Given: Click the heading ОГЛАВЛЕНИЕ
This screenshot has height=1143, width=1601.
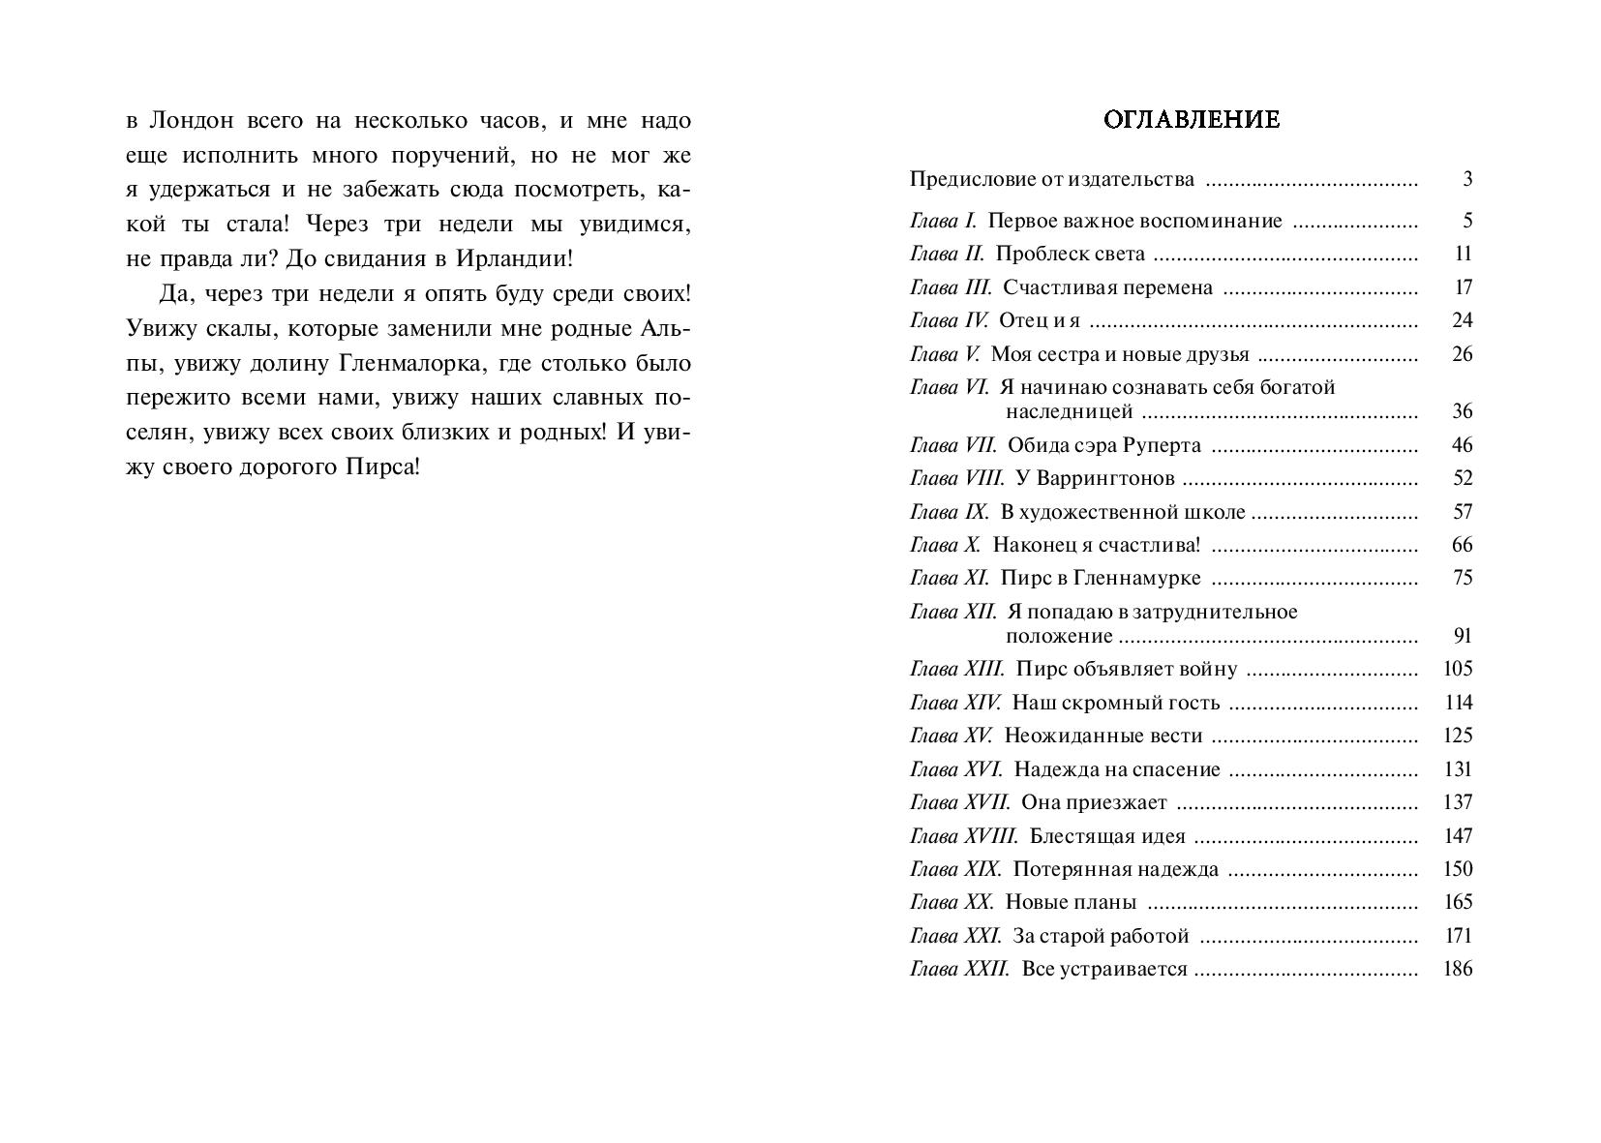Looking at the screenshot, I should [x=1192, y=120].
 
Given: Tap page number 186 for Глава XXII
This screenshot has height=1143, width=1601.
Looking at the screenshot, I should [x=1457, y=969].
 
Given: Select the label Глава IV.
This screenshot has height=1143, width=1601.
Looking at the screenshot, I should [x=949, y=320].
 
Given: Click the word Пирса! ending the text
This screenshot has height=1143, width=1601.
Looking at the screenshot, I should [x=383, y=468].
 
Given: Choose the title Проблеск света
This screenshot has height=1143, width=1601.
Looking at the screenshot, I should [x=1070, y=254].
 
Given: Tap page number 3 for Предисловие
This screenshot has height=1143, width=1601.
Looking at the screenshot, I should [x=1467, y=179].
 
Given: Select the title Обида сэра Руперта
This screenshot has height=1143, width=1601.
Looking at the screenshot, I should [x=1103, y=445].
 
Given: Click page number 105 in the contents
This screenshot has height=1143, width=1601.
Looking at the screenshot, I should [x=1457, y=669].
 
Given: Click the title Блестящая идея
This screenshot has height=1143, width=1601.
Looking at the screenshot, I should [x=1107, y=836].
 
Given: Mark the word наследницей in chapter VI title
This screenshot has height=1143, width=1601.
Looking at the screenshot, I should [x=1069, y=411].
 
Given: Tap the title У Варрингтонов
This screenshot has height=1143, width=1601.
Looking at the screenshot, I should [x=1094, y=478].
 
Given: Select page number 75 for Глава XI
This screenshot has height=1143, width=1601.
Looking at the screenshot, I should [x=1462, y=578].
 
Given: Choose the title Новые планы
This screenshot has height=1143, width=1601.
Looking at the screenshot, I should [x=1071, y=903].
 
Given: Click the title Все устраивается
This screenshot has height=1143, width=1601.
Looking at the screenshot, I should [x=1104, y=969].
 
